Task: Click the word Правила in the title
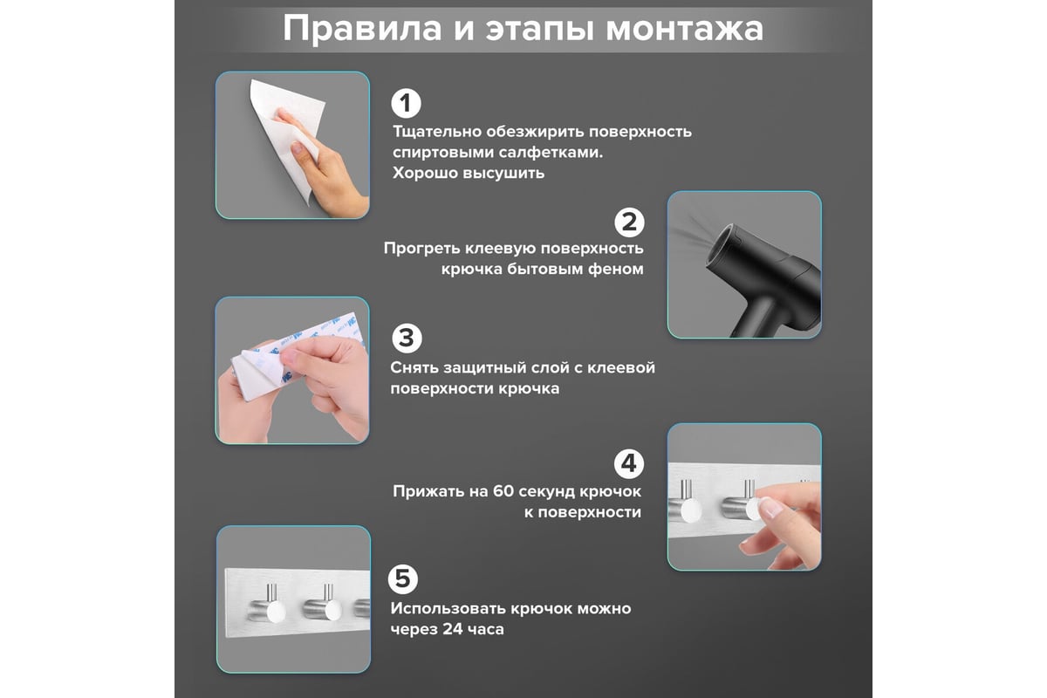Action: tap(362, 29)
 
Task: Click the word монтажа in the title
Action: tap(685, 29)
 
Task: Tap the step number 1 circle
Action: tap(406, 103)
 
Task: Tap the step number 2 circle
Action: tap(629, 222)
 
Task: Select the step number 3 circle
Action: tap(407, 339)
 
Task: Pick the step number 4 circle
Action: tap(629, 464)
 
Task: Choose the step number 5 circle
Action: tap(403, 579)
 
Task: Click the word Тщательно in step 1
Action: tap(437, 132)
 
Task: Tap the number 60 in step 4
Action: tap(503, 491)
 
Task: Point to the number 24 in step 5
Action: tap(453, 629)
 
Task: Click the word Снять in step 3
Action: tap(414, 367)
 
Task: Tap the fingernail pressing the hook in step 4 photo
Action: tap(770, 507)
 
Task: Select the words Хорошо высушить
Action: tap(469, 173)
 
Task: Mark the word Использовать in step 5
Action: tap(448, 608)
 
